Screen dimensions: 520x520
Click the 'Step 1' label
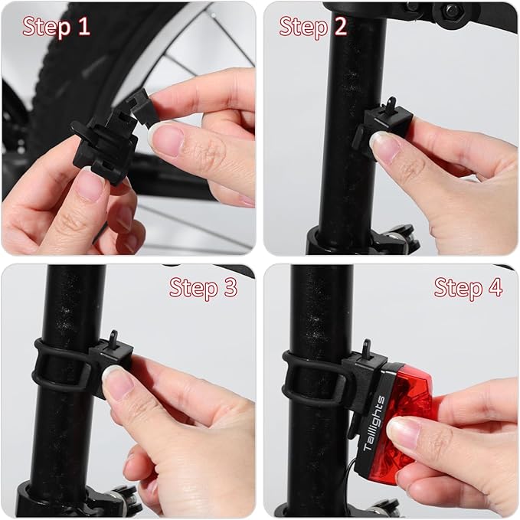(56, 28)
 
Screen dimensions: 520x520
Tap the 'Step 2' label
(312, 28)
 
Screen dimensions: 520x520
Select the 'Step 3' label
(203, 288)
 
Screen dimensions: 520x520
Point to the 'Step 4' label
(468, 288)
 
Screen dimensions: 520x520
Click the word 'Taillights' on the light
(374, 423)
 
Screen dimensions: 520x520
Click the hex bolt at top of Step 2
(452, 11)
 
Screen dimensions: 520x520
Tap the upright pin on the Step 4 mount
(367, 348)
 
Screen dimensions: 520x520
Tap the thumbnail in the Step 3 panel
(117, 381)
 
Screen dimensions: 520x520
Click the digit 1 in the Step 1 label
(84, 27)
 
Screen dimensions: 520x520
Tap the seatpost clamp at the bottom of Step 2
(361, 240)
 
